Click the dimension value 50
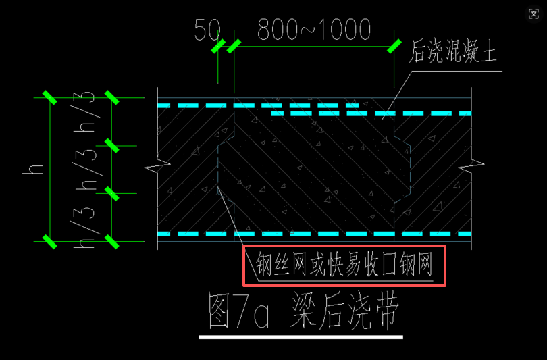click(x=207, y=30)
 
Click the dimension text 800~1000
click(x=314, y=30)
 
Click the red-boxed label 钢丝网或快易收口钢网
click(x=344, y=266)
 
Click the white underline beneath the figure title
click(x=301, y=336)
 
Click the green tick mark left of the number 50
click(x=217, y=47)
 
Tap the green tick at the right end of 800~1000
click(x=393, y=47)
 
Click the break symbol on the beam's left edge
click(x=157, y=164)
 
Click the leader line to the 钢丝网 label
click(x=233, y=223)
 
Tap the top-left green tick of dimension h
click(x=49, y=97)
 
